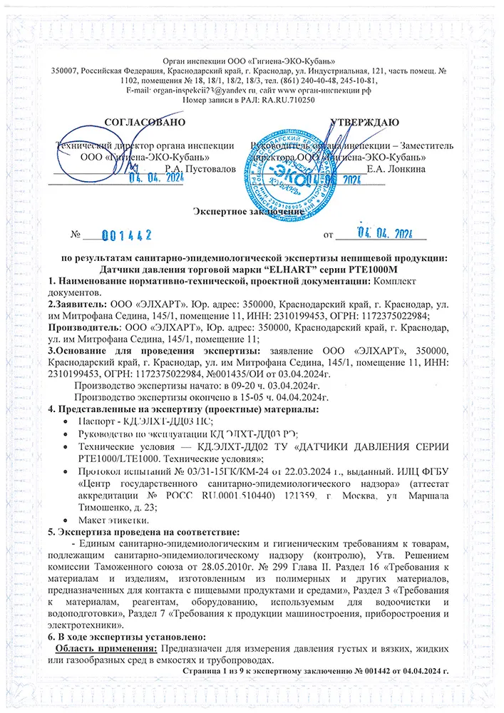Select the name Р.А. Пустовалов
tap(199, 169)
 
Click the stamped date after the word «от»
tap(384, 233)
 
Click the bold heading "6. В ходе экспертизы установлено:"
tap(124, 636)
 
